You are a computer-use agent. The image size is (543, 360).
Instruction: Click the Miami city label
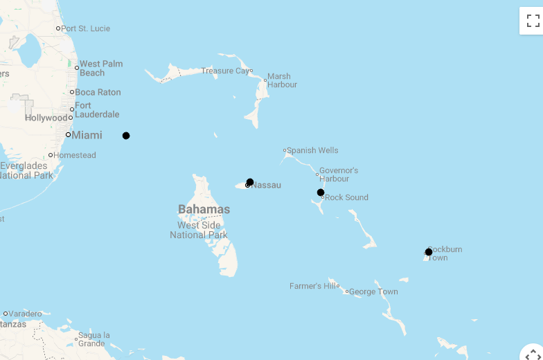tap(87, 135)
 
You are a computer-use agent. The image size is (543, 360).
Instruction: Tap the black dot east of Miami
tap(126, 136)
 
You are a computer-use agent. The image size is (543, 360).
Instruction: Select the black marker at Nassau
tap(250, 182)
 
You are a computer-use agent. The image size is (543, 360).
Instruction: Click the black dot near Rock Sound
tap(321, 192)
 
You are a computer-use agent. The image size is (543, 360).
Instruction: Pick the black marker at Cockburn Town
tap(429, 252)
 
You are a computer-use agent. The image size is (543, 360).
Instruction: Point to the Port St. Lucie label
tap(85, 28)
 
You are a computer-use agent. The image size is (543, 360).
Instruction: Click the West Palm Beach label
tap(100, 68)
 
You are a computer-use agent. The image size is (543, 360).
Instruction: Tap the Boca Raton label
tap(98, 92)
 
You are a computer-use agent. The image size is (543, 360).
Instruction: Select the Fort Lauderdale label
tap(96, 110)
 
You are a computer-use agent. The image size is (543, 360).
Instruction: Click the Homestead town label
tap(74, 155)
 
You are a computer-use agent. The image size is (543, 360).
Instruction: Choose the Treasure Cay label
tap(226, 71)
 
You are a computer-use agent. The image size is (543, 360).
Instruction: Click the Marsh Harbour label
tap(282, 80)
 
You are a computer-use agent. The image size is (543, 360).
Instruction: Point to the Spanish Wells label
tap(312, 150)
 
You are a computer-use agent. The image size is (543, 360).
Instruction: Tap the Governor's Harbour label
tap(339, 174)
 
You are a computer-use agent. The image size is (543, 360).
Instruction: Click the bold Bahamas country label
tap(204, 209)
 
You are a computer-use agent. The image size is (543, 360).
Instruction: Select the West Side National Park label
tap(199, 230)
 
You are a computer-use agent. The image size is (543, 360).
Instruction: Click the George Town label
tap(373, 291)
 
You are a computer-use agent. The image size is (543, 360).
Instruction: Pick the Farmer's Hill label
tap(313, 286)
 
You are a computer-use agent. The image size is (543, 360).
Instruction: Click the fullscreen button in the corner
tap(532, 20)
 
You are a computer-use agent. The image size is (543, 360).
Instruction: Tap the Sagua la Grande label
tap(94, 339)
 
